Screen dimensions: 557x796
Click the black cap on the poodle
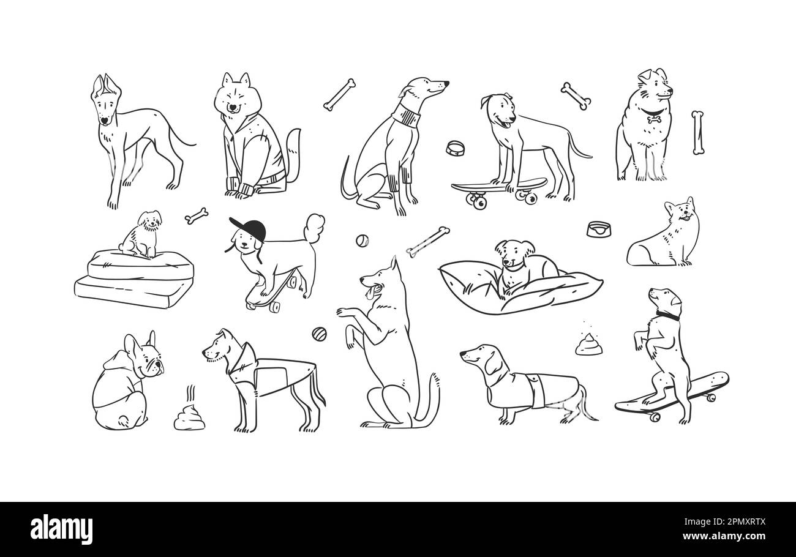[x=250, y=228]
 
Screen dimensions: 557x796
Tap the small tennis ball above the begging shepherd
[x=362, y=241]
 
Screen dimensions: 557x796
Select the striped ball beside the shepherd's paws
[x=319, y=334]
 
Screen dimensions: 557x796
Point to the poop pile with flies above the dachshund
[x=588, y=345]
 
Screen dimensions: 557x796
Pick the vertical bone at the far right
[x=697, y=132]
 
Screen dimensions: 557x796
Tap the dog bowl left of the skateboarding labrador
[x=455, y=148]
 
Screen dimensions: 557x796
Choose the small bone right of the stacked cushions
[x=197, y=215]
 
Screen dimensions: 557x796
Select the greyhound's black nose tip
[x=446, y=83]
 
